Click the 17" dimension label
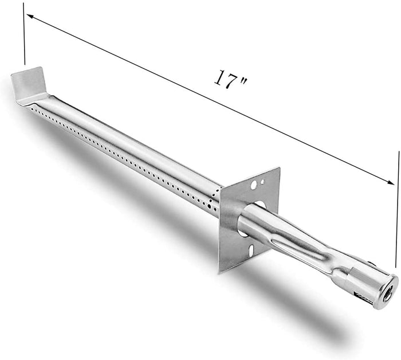(231, 79)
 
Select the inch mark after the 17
(243, 81)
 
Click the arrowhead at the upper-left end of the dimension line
(29, 16)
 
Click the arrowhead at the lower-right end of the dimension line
(391, 182)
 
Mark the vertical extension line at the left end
(24, 33)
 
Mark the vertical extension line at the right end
(398, 209)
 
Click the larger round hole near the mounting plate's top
(253, 185)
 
